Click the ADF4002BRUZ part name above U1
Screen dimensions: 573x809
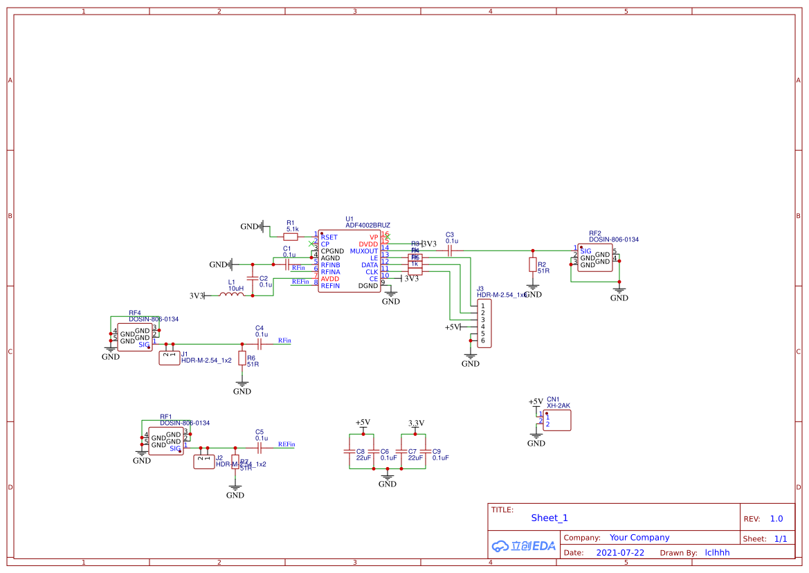[x=367, y=226]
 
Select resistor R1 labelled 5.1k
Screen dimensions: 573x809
[x=291, y=237]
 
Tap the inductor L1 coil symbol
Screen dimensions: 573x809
[x=232, y=295]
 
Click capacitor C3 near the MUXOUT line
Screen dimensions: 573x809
[x=450, y=251]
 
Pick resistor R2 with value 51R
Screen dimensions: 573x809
[x=532, y=264]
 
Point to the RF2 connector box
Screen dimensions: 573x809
[x=594, y=257]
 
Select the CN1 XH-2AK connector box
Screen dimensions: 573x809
[x=557, y=420]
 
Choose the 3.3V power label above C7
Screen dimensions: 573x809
[x=416, y=423]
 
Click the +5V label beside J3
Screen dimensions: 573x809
[x=453, y=327]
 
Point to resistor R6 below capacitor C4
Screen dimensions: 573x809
[x=242, y=358]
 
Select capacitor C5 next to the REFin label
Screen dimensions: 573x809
[x=260, y=448]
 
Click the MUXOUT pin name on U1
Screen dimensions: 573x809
[x=364, y=251]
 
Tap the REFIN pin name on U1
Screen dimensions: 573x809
[x=330, y=286]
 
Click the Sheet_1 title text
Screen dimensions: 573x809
[x=549, y=518]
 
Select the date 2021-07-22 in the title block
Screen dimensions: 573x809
[x=620, y=553]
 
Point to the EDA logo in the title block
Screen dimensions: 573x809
[x=524, y=545]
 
